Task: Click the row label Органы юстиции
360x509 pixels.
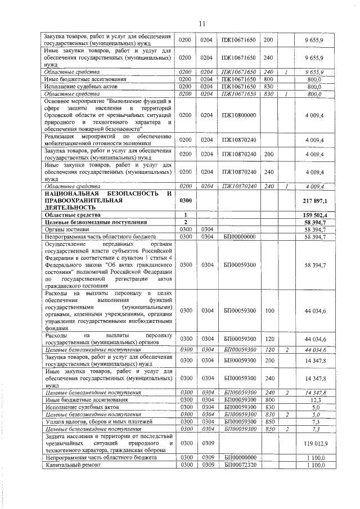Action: pyautogui.click(x=63, y=229)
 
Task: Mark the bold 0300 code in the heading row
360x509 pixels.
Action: pyautogui.click(x=185, y=200)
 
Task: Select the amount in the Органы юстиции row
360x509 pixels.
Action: pyautogui.click(x=317, y=229)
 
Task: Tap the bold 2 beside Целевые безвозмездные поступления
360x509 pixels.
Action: pyautogui.click(x=185, y=222)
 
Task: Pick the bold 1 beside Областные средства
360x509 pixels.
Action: pyautogui.click(x=185, y=215)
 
